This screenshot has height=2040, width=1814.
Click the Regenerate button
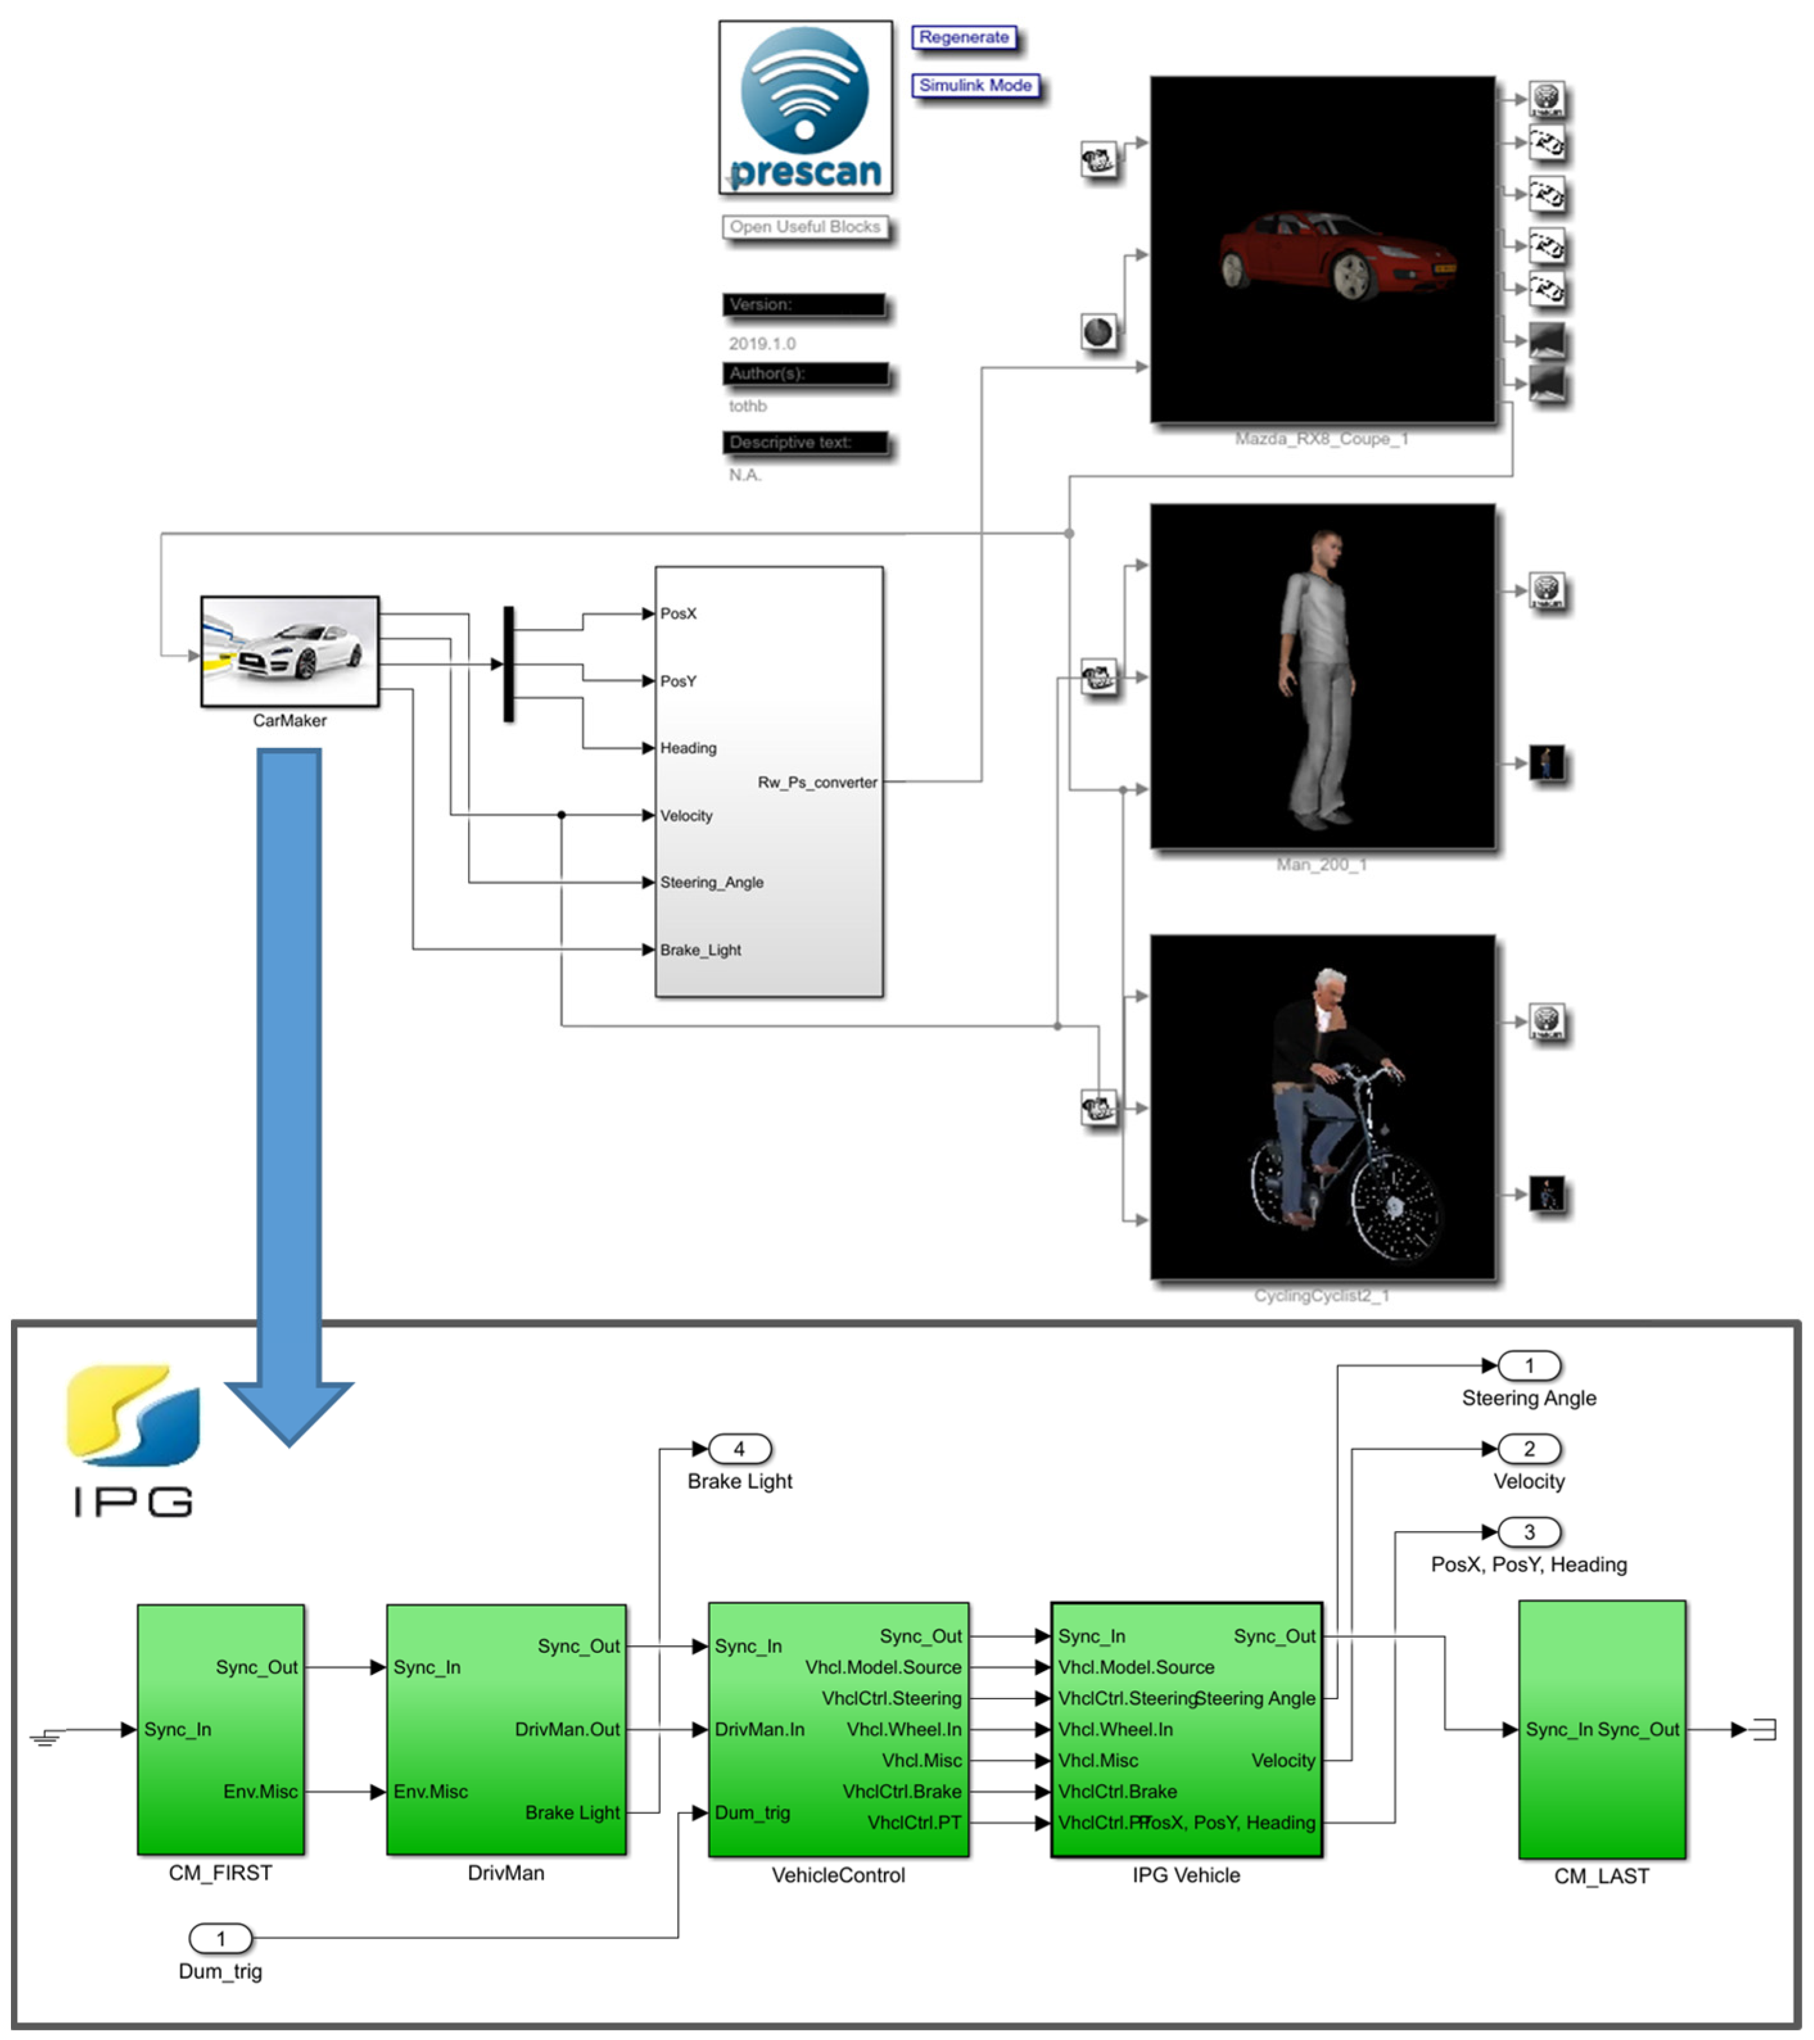pyautogui.click(x=963, y=38)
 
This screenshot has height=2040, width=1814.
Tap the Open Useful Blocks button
pyautogui.click(x=805, y=228)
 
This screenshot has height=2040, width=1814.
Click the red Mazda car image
pyautogui.click(x=1338, y=255)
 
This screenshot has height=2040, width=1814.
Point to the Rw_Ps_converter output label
pyautogui.click(x=816, y=782)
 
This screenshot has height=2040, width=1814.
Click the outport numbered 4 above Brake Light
pyautogui.click(x=739, y=1449)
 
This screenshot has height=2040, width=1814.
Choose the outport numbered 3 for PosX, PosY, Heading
pyautogui.click(x=1528, y=1532)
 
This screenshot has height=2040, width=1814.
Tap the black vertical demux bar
pyautogui.click(x=508, y=664)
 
